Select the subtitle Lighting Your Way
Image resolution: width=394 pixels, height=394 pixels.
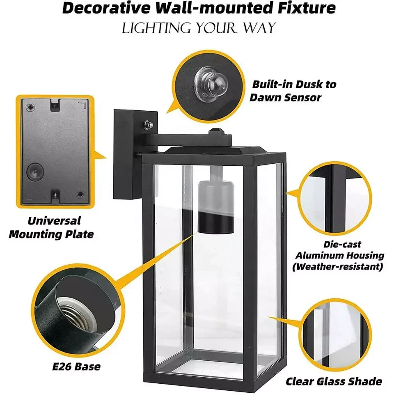point(199,28)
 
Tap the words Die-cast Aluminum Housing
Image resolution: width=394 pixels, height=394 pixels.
point(340,250)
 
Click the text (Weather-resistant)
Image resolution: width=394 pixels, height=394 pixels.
point(340,267)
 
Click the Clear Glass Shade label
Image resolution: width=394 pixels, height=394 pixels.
point(334,381)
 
